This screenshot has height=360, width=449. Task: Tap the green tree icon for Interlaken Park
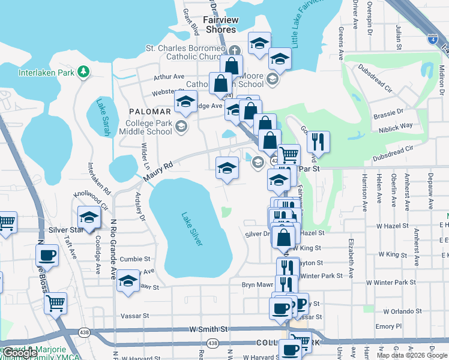(x=83, y=73)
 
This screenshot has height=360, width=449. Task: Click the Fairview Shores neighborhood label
(x=220, y=25)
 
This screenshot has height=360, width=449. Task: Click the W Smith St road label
(x=208, y=329)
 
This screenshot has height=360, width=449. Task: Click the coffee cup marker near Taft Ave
(x=47, y=254)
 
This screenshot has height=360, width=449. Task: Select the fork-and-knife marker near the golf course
(x=318, y=141)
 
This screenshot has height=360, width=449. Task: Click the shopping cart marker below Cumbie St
(x=55, y=302)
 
